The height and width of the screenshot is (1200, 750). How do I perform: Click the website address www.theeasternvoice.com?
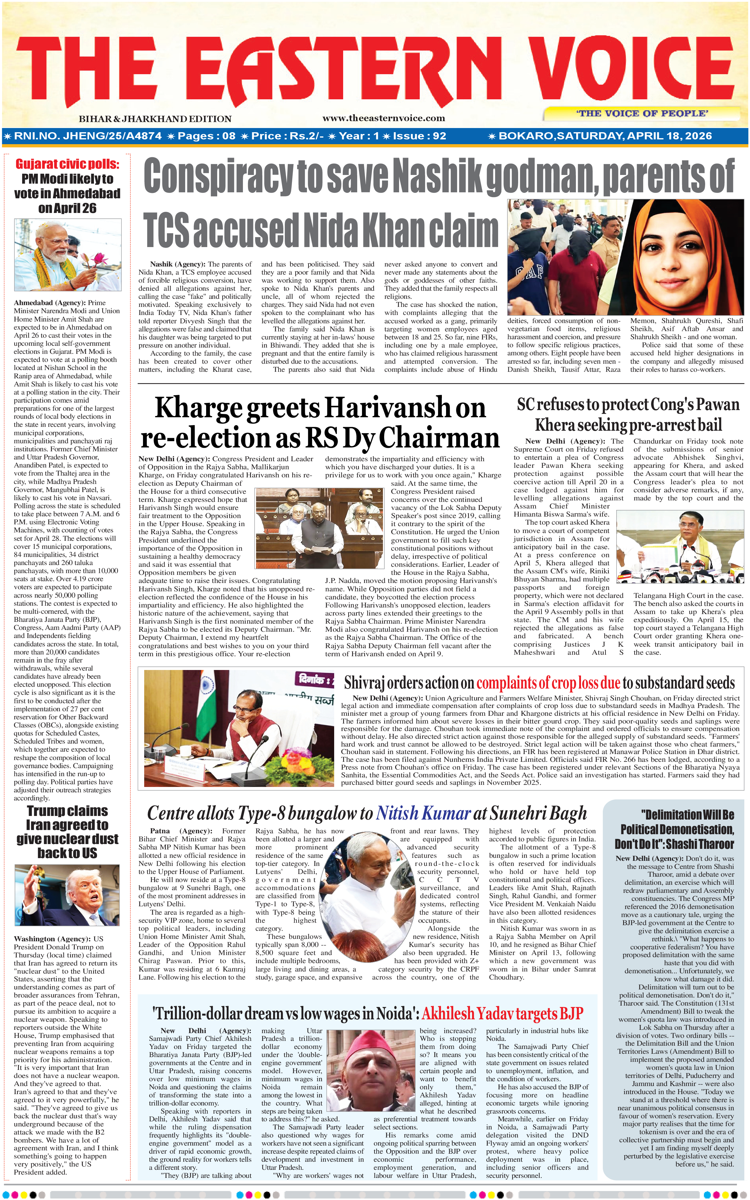pyautogui.click(x=384, y=118)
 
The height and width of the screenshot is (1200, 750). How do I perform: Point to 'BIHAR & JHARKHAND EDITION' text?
pyautogui.click(x=155, y=119)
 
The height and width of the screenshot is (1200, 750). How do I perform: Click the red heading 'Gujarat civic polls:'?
pyautogui.click(x=67, y=164)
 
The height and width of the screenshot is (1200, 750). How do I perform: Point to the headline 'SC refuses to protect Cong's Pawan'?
pyautogui.click(x=628, y=405)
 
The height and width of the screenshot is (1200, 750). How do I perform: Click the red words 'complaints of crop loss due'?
pyautogui.click(x=548, y=683)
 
